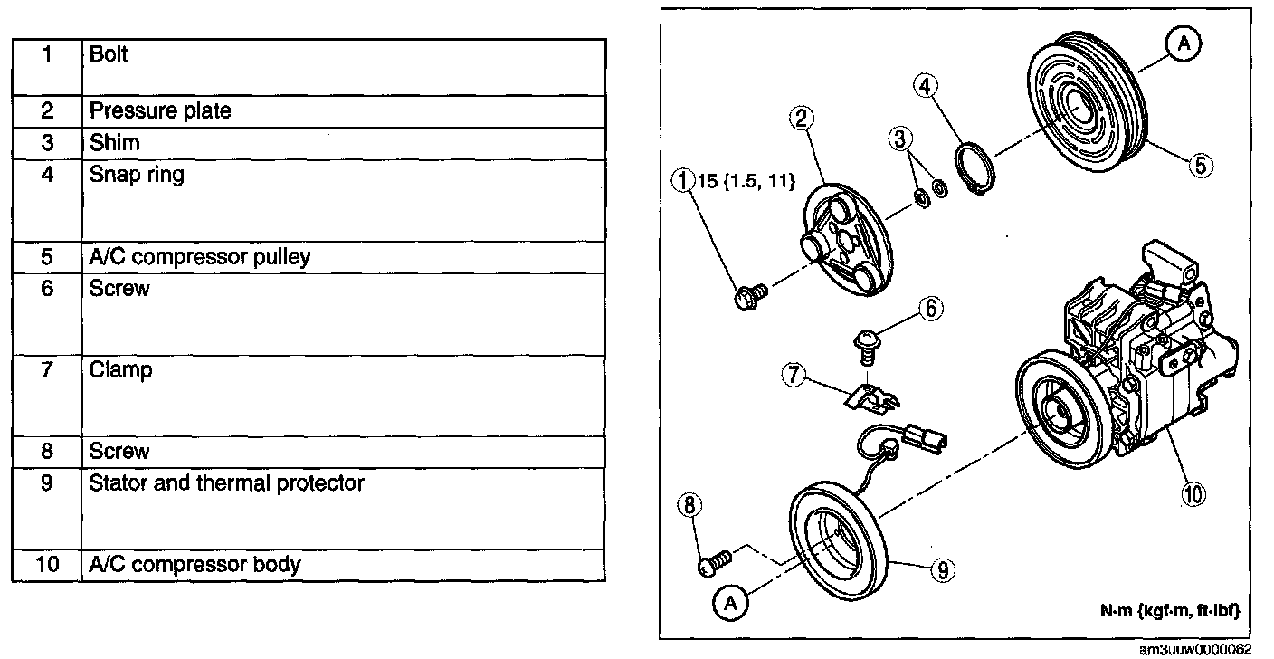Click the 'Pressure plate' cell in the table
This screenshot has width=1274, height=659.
160,111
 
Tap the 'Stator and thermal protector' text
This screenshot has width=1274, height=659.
226,483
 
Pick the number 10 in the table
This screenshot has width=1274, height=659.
48,565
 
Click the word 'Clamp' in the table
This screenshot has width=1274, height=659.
120,370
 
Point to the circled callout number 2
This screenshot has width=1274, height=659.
802,118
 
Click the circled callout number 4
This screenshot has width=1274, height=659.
925,87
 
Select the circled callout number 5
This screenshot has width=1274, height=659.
1200,165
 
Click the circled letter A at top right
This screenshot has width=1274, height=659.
1184,42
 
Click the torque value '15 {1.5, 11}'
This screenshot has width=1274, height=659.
744,182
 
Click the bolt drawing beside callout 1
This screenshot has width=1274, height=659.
749,294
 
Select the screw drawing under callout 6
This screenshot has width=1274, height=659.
867,348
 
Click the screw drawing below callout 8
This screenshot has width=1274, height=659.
715,563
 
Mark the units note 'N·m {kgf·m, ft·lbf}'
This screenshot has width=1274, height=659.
1169,612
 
